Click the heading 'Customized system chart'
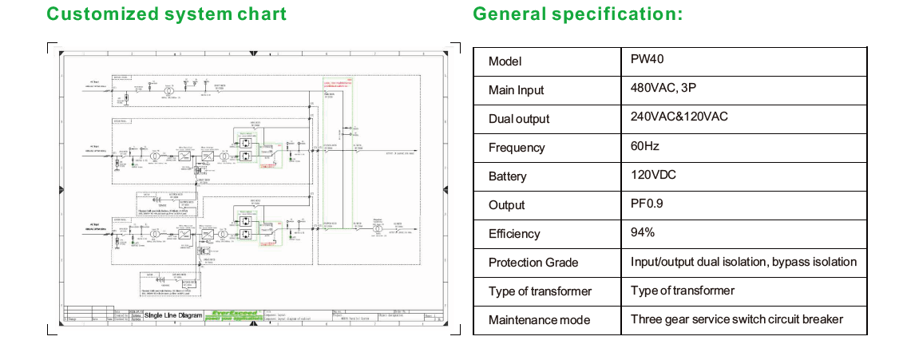pyautogui.click(x=166, y=14)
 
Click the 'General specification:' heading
pyautogui.click(x=577, y=14)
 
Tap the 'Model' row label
pyautogui.click(x=505, y=61)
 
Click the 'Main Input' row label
pyautogui.click(x=516, y=90)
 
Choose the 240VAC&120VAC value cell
pyautogui.click(x=679, y=117)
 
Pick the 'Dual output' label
pyautogui.click(x=519, y=119)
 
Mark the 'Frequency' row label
pyautogui.click(x=517, y=148)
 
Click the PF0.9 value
pyautogui.click(x=647, y=204)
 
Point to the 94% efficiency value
pyautogui.click(x=643, y=232)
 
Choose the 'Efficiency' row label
pyautogui.click(x=514, y=234)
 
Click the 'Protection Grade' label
pyautogui.click(x=533, y=263)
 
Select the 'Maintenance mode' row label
pyautogui.click(x=539, y=320)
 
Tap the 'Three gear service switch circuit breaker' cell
pyautogui.click(x=736, y=318)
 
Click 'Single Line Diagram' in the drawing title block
pyautogui.click(x=172, y=316)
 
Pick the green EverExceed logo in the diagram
pyautogui.click(x=235, y=316)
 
